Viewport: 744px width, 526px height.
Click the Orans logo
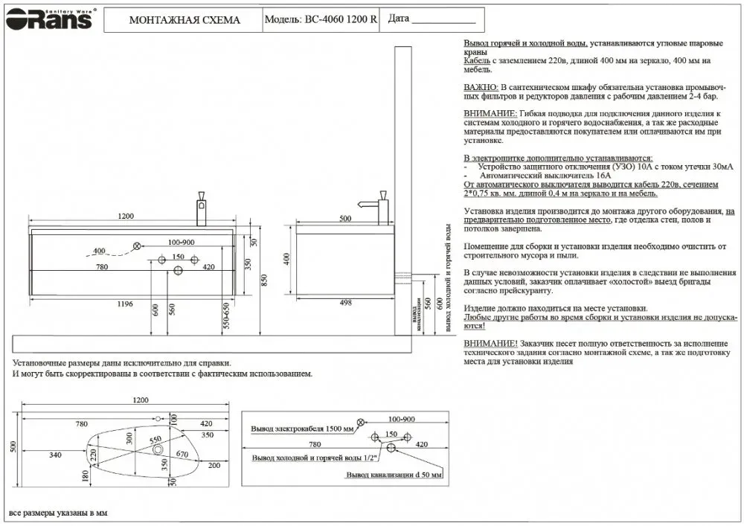pos(49,19)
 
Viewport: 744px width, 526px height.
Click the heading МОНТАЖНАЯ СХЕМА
pos(185,20)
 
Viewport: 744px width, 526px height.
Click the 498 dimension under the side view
pos(344,304)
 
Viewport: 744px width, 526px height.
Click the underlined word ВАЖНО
pos(480,88)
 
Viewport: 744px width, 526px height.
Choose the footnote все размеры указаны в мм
pos(58,513)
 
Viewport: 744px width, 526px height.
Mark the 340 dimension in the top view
pos(55,455)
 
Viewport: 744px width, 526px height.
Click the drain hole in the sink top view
pos(158,449)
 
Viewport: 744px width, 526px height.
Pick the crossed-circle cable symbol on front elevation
pos(137,246)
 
